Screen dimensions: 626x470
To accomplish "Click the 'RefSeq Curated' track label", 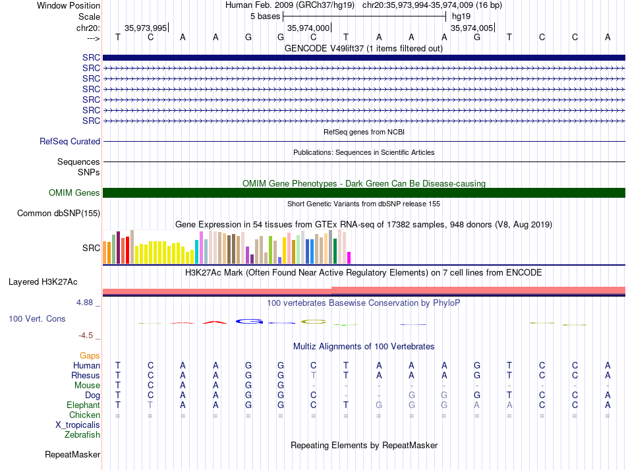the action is [70, 141].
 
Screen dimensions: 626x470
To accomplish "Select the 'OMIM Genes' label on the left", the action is [74, 192].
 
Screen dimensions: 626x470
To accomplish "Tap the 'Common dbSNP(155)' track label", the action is [59, 213].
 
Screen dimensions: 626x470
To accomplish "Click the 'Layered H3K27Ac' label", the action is [43, 282].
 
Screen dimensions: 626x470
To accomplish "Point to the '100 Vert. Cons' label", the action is [37, 318].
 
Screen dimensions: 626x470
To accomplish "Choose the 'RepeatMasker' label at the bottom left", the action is [72, 454].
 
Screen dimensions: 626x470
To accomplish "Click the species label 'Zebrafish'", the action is [82, 434].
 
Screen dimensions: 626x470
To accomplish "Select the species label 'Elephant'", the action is [83, 405].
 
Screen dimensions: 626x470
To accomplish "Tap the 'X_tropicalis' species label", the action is [78, 425].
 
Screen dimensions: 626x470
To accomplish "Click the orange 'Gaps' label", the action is [90, 355].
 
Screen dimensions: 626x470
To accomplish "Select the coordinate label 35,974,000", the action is [308, 28].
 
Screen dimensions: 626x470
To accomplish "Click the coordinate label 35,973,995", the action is [146, 28].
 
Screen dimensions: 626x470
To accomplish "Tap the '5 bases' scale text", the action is [266, 16].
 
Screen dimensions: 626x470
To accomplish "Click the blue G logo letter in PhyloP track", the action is [250, 321].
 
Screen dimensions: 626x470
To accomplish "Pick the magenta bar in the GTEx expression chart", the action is [349, 258].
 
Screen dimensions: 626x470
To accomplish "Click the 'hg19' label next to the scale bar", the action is [461, 16].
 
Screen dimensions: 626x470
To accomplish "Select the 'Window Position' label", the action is [69, 5].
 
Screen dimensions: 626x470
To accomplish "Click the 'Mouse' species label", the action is [87, 386].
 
